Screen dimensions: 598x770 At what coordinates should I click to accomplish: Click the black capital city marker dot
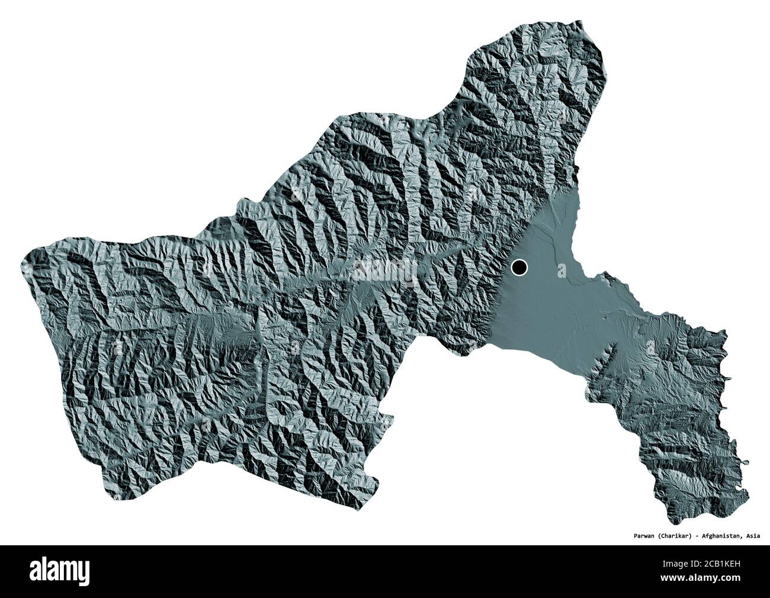tap(519, 268)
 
